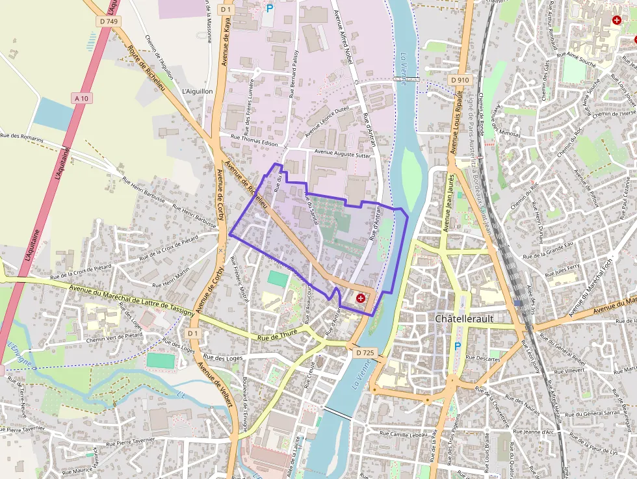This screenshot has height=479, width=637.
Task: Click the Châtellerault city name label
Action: click(465, 319)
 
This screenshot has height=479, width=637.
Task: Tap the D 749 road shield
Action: click(110, 21)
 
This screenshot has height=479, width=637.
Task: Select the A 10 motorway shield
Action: click(81, 98)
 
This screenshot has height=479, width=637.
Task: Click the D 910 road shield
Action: click(460, 80)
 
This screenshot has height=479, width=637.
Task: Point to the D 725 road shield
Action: click(365, 352)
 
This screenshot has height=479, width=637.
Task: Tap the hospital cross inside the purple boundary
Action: click(361, 298)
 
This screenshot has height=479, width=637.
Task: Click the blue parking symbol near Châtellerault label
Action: click(457, 347)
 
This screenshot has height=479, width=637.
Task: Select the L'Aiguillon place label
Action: click(198, 92)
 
